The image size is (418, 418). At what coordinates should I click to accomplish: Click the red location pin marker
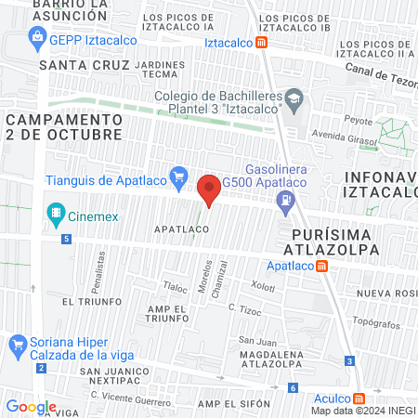tap(210, 189)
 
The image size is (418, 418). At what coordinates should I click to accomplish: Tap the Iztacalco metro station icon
tap(263, 43)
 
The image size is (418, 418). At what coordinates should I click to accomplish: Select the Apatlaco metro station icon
tap(321, 266)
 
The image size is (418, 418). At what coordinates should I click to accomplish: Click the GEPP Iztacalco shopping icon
tap(39, 37)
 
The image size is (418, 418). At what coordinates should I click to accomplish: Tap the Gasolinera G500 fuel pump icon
tap(287, 197)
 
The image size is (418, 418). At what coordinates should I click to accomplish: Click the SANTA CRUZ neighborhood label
tap(77, 65)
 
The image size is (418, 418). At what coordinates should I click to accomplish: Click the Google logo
tap(31, 407)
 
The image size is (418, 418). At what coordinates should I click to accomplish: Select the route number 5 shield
tap(67, 239)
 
